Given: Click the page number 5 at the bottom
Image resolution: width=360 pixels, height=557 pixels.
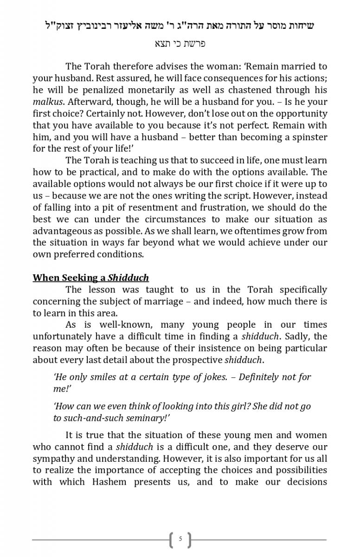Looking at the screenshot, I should [180, 539].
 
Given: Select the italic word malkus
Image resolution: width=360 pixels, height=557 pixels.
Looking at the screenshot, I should [46, 102].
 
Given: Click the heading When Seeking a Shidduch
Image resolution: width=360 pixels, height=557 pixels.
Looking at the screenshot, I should [90, 278].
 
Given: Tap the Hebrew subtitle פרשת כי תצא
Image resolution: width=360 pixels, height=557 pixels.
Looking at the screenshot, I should [180, 44].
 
